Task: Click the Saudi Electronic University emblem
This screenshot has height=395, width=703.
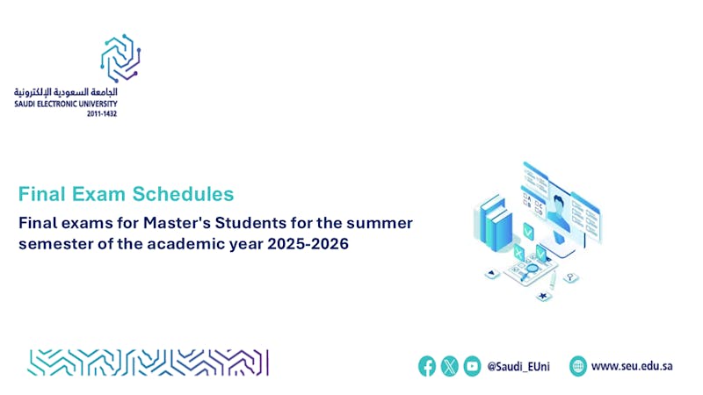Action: click(x=120, y=58)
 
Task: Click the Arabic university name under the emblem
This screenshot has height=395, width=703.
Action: click(x=65, y=92)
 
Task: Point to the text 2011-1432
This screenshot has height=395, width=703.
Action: click(x=102, y=114)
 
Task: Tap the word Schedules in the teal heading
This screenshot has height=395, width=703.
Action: click(x=183, y=194)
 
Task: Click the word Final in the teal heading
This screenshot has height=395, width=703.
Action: click(x=41, y=194)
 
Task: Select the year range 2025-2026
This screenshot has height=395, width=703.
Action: click(x=308, y=244)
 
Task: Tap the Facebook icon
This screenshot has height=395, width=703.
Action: click(x=427, y=366)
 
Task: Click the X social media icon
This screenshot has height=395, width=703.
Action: click(x=449, y=366)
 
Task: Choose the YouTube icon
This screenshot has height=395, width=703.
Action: click(x=472, y=366)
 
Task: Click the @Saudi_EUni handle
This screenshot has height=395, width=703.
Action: click(x=518, y=367)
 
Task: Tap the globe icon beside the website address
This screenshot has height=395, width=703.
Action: click(x=578, y=366)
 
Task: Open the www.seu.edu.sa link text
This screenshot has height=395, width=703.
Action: click(x=632, y=366)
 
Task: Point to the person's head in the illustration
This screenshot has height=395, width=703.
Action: click(x=559, y=205)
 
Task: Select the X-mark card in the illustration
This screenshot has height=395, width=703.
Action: click(x=518, y=253)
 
